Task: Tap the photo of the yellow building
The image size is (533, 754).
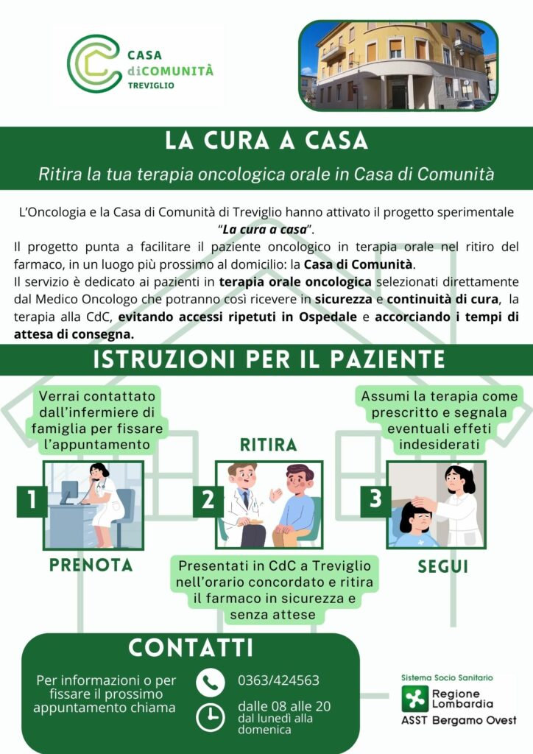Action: pyautogui.click(x=398, y=66)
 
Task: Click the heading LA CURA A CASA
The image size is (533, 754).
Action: pyautogui.click(x=266, y=141)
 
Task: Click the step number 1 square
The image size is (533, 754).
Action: pyautogui.click(x=32, y=501)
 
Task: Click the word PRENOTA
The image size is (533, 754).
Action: pyautogui.click(x=91, y=565)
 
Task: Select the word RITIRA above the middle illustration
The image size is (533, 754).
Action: pyautogui.click(x=268, y=445)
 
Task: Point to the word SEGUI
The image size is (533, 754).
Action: pyautogui.click(x=443, y=567)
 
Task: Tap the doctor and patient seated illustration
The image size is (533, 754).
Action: pyautogui.click(x=269, y=505)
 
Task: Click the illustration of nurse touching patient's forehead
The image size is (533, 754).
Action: pyautogui.click(x=437, y=505)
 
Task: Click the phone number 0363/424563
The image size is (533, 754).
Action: pyautogui.click(x=278, y=680)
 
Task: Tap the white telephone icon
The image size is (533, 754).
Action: pyautogui.click(x=211, y=683)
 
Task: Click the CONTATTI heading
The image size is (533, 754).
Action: pyautogui.click(x=191, y=648)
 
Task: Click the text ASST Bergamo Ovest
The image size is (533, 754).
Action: pyautogui.click(x=458, y=720)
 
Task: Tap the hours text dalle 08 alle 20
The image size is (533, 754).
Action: pyautogui.click(x=283, y=706)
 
